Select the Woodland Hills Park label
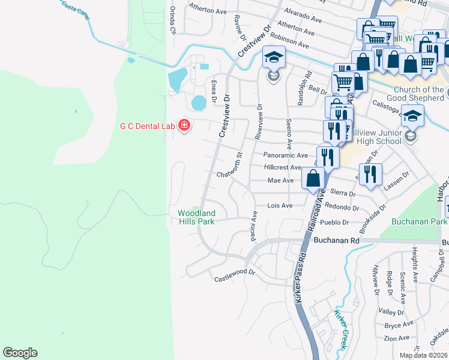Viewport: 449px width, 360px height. [x=196, y=217]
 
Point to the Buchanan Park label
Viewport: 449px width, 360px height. [x=419, y=221]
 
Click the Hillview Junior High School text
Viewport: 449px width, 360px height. [x=376, y=137]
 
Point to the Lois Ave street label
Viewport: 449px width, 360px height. [x=280, y=205]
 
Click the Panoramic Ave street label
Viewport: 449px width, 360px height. [x=286, y=155]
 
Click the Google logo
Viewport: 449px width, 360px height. [x=20, y=353]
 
